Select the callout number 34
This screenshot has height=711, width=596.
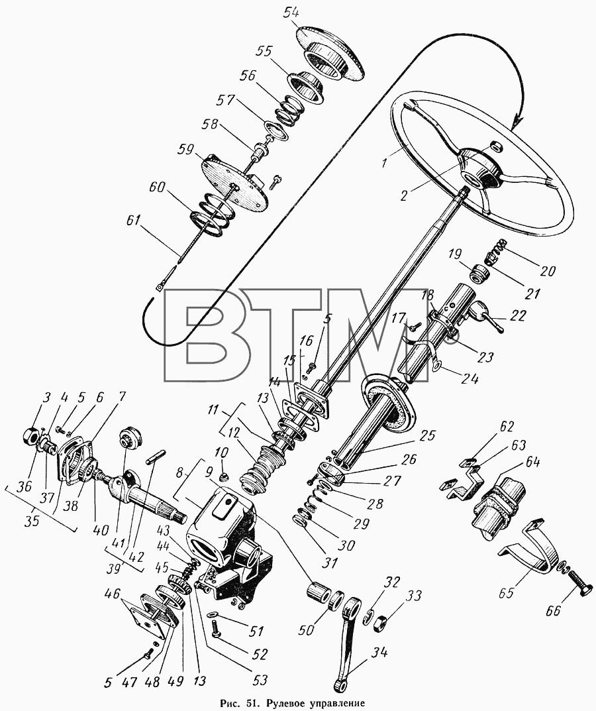[x=379, y=653]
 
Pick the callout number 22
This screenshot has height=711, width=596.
[x=517, y=315]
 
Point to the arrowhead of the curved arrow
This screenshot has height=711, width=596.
[x=517, y=121]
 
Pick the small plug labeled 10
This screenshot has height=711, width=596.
[x=223, y=477]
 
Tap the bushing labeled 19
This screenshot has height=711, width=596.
[x=480, y=274]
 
